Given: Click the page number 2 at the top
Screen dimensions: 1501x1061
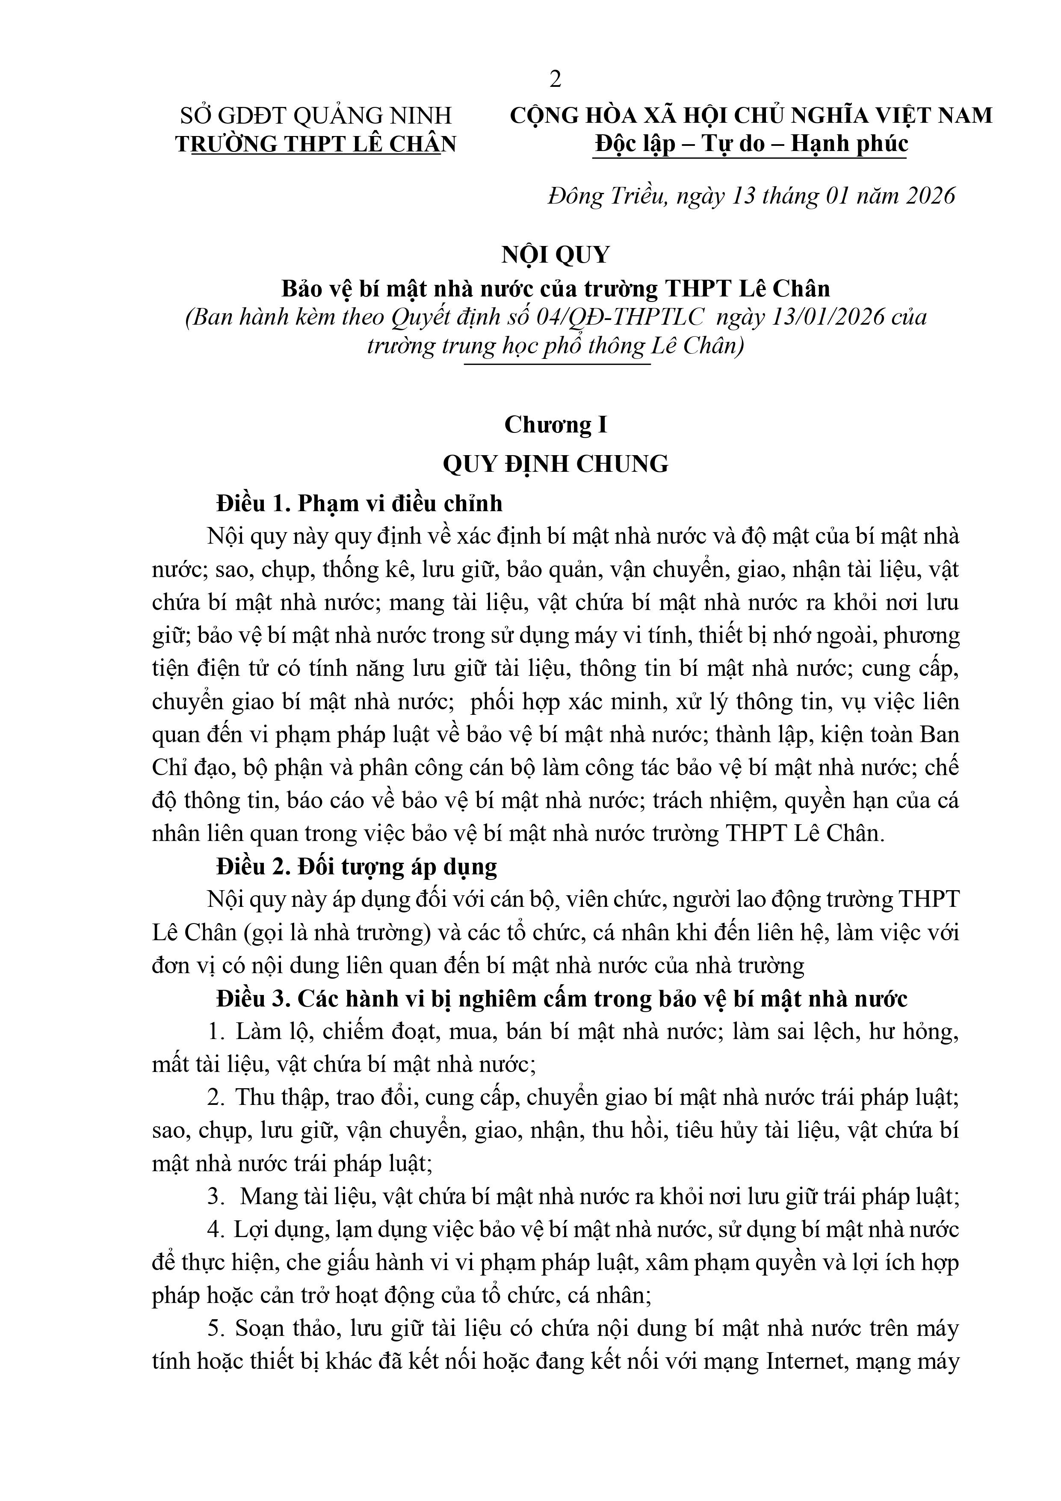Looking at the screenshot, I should click(x=555, y=79).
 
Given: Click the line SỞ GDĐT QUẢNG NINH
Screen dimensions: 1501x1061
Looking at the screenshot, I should click(x=316, y=116).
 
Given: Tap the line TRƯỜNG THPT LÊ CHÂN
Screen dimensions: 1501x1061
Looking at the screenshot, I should click(x=316, y=144).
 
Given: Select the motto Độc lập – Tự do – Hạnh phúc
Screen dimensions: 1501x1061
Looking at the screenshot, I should click(x=751, y=144).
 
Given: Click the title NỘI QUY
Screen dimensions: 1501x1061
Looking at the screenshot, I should click(x=555, y=255).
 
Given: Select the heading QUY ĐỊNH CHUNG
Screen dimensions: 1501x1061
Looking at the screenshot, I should click(x=555, y=464).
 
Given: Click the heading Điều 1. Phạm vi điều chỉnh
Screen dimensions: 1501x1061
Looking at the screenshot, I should click(x=360, y=503).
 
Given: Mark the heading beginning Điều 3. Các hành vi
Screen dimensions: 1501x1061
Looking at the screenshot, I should click(x=562, y=999).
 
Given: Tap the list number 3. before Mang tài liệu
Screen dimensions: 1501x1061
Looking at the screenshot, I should click(x=216, y=1197).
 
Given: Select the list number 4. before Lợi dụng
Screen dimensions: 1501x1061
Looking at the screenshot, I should click(x=216, y=1230).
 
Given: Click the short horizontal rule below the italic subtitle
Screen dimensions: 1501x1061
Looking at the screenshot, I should click(x=557, y=364).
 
